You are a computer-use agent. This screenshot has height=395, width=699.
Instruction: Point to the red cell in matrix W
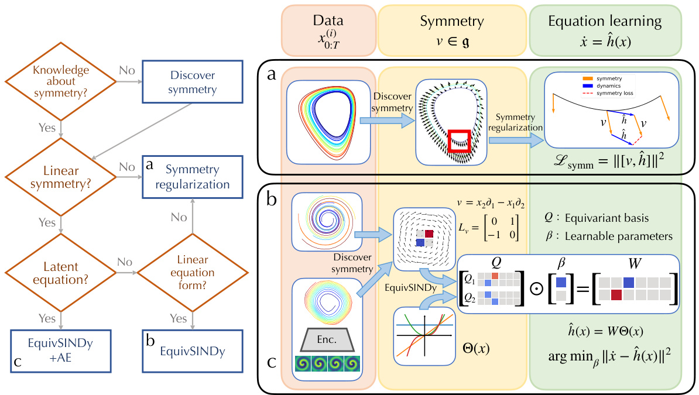click(x=615, y=295)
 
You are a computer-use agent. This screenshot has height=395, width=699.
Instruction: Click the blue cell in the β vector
click(x=561, y=282)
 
